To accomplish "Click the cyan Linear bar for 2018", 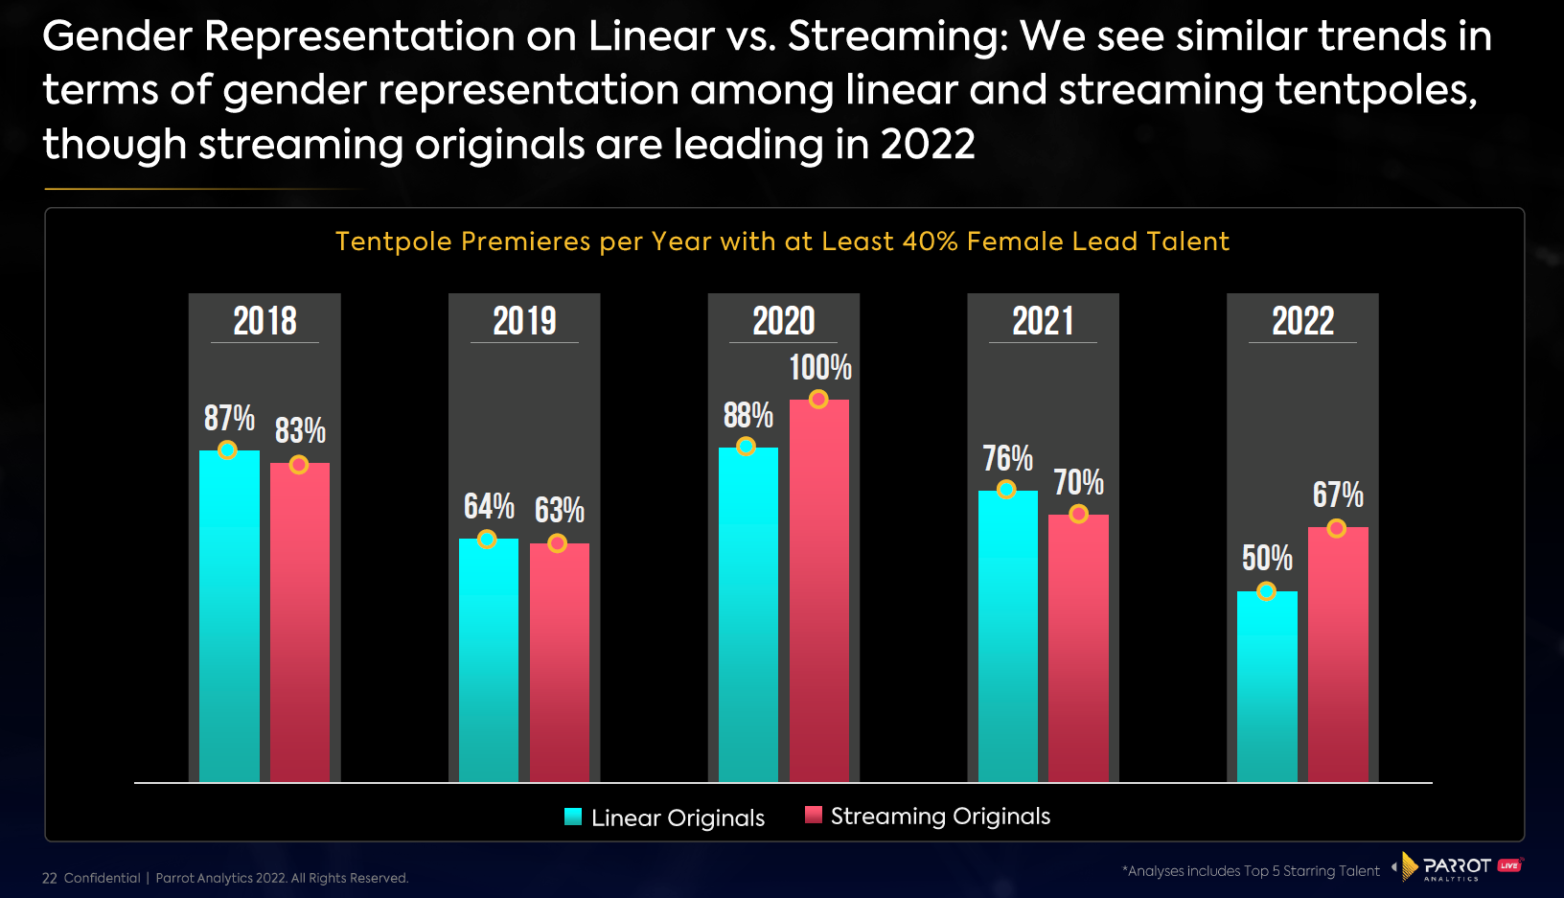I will [x=229, y=618].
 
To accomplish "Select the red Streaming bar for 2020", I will [x=818, y=594].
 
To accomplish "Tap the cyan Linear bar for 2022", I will [x=1267, y=688].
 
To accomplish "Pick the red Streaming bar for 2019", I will [x=559, y=663].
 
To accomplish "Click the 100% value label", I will [x=820, y=368].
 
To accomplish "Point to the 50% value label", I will [x=1267, y=558].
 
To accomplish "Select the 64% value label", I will [x=489, y=507].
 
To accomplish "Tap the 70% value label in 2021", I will [x=1078, y=483].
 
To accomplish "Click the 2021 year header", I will [x=1043, y=321].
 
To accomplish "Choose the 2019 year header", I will [x=524, y=321].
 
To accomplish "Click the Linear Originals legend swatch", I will [x=573, y=817].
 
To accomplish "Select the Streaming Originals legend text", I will [x=940, y=817].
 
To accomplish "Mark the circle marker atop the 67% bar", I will [x=1337, y=528].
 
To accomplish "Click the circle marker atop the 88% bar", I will [x=746, y=447].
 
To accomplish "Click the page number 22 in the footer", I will [x=50, y=878].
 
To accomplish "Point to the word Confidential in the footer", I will [x=102, y=878].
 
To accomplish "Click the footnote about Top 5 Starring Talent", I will [x=1251, y=871].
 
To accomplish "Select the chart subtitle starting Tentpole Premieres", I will [x=782, y=242].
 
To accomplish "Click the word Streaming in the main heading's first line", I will [x=897, y=37].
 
